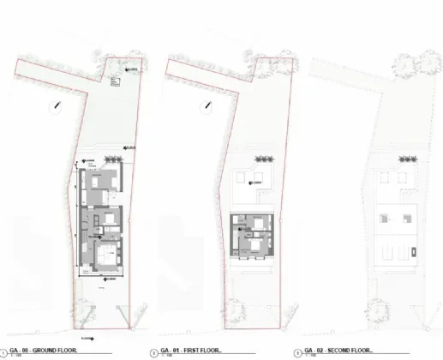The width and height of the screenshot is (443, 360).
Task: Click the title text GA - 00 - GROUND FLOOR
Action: pyautogui.click(x=43, y=350)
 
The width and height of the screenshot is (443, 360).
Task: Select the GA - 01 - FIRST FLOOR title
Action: pyautogui.click(x=190, y=350)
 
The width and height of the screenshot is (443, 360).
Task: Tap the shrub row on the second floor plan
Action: pyautogui.click(x=399, y=159)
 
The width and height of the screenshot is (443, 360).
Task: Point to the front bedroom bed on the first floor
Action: pyautogui.click(x=255, y=246)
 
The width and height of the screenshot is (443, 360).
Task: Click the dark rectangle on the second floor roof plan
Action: pyautogui.click(x=412, y=252)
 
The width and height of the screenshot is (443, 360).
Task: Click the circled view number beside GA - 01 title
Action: pyautogui.click(x=153, y=351)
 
